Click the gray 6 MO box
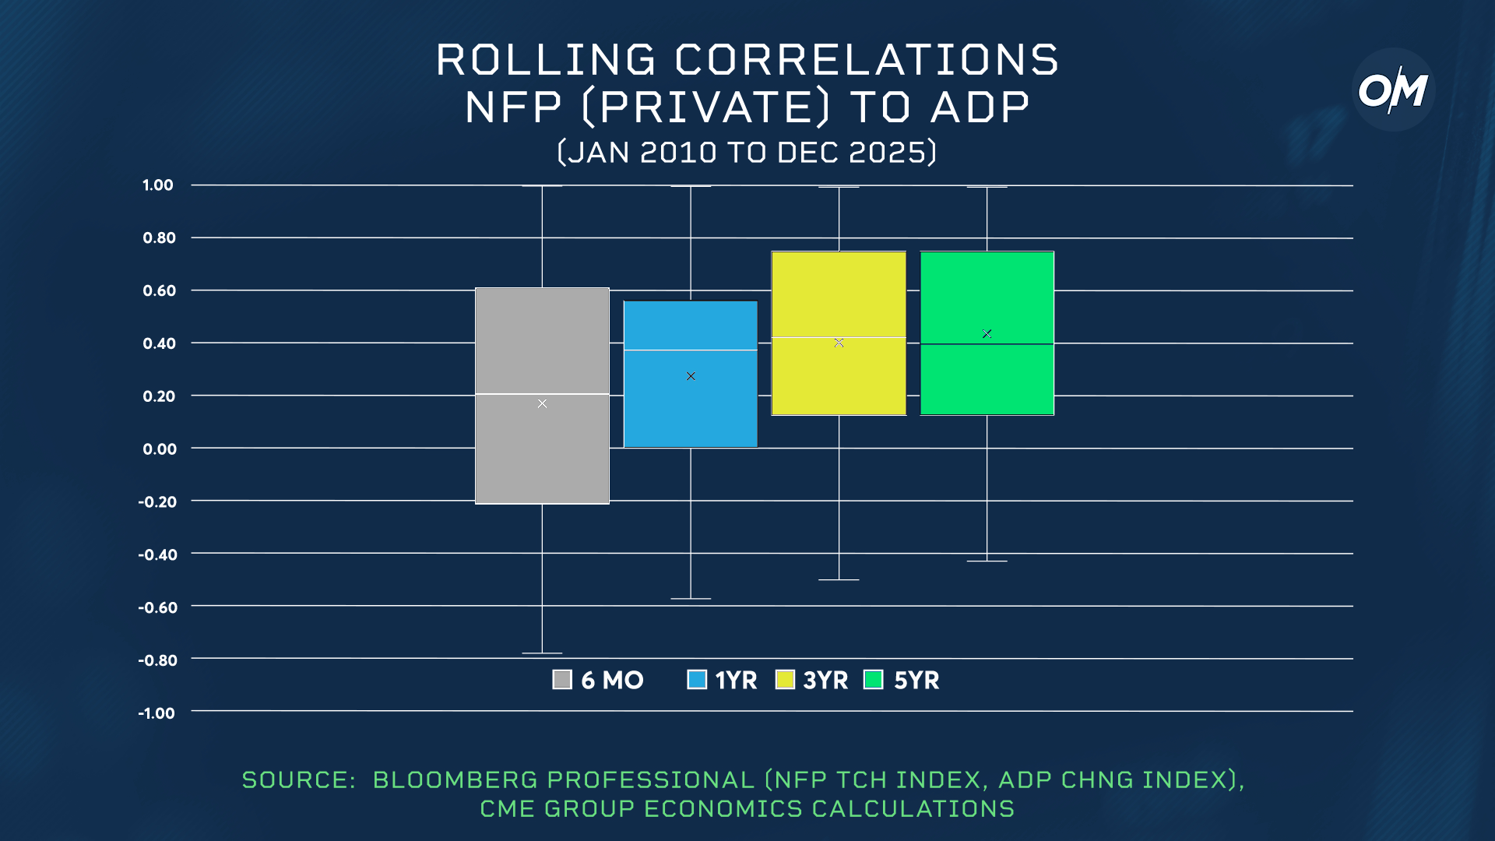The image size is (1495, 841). (542, 452)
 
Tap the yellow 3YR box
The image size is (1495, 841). (839, 296)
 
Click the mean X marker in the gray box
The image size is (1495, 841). (542, 403)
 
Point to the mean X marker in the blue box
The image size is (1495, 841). (691, 376)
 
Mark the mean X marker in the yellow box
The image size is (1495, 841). (839, 343)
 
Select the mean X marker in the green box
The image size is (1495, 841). (987, 334)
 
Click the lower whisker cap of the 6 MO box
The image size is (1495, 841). (542, 653)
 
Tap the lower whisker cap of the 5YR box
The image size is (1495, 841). (987, 561)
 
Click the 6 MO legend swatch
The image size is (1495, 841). (562, 680)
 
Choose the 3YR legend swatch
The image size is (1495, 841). (785, 680)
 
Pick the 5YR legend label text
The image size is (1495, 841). (916, 681)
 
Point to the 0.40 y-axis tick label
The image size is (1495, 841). (159, 343)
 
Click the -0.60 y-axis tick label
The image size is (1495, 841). (157, 607)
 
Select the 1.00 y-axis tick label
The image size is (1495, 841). (157, 185)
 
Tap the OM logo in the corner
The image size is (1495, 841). (1393, 90)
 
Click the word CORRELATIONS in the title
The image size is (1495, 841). (866, 60)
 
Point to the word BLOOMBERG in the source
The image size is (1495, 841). (455, 779)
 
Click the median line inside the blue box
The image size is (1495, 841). (690, 350)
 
